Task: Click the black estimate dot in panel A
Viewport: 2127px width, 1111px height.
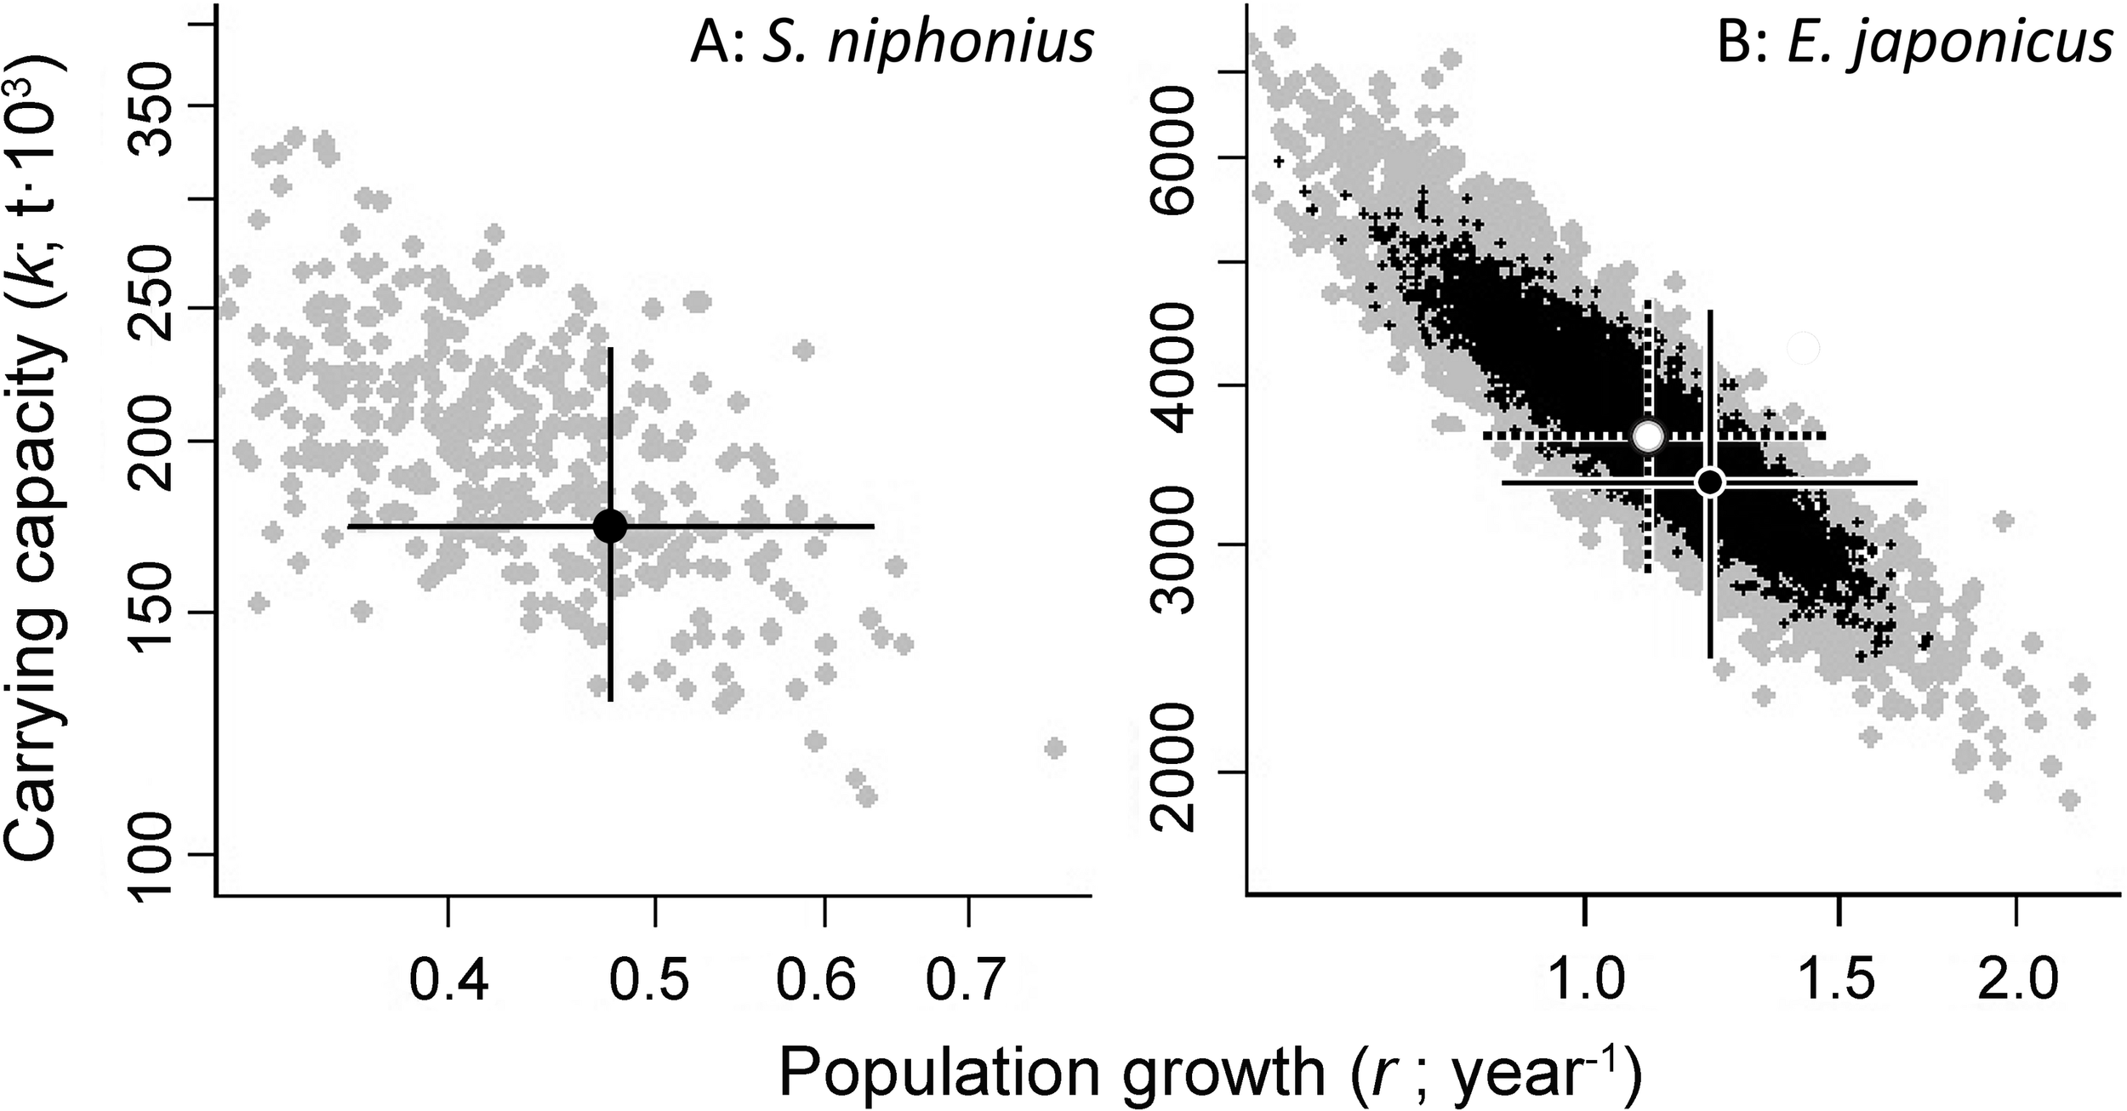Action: pos(610,526)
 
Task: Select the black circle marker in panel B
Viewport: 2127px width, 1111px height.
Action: pos(1709,482)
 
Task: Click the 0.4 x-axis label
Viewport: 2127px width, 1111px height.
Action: pos(448,979)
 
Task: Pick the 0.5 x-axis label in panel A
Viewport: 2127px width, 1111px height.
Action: pos(653,979)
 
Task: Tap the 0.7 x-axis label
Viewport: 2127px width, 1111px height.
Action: pos(967,979)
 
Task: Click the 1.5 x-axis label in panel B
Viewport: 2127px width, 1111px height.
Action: pos(1839,979)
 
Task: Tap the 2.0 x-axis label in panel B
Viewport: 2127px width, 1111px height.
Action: pos(2016,979)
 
